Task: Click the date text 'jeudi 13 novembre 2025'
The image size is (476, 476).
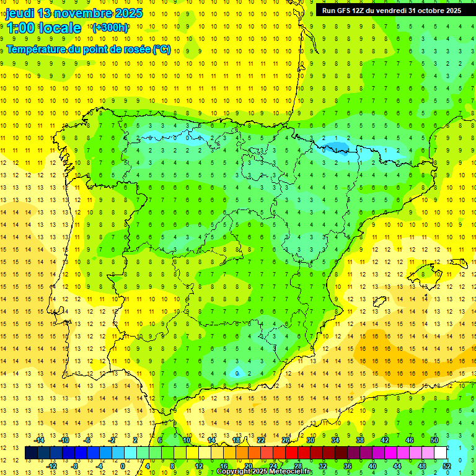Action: (x=74, y=13)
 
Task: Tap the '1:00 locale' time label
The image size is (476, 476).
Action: (x=43, y=28)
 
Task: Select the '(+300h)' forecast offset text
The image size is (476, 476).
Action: (x=110, y=28)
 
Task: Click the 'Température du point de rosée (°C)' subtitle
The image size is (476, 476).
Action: (x=89, y=49)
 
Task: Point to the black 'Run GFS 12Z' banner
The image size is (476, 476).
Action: (x=391, y=10)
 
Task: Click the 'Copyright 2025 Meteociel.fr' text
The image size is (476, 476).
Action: (x=264, y=471)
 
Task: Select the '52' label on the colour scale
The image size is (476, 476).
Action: (x=447, y=466)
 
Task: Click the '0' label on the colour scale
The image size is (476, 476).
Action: (x=123, y=466)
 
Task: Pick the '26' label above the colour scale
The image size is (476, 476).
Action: (x=286, y=440)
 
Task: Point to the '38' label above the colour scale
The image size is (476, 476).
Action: (x=360, y=440)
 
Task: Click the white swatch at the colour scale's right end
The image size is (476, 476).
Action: (x=441, y=453)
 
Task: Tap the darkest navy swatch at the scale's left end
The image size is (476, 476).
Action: (x=30, y=453)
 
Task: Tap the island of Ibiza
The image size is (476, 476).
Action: (x=377, y=302)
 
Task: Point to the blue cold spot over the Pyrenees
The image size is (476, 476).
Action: (x=337, y=148)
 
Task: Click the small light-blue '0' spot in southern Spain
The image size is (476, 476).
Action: (x=236, y=373)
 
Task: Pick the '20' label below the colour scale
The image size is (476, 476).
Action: (x=248, y=466)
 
